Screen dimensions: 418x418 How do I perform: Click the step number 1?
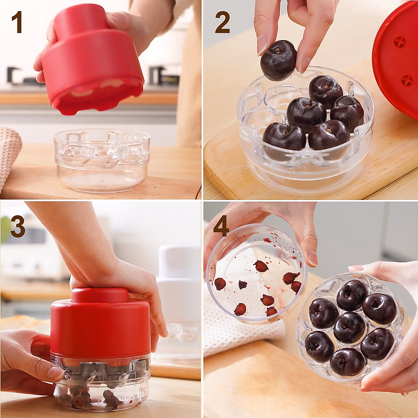click(17, 23)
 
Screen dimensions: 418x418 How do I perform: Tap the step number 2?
click(222, 23)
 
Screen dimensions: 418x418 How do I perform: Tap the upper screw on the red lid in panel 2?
click(400, 42)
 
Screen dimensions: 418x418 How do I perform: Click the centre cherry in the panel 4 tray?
click(349, 327)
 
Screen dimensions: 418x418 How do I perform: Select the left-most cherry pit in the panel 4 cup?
click(220, 284)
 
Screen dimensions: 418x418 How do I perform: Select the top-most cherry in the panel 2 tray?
click(325, 90)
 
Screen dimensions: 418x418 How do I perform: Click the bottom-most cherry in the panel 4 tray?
click(348, 362)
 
